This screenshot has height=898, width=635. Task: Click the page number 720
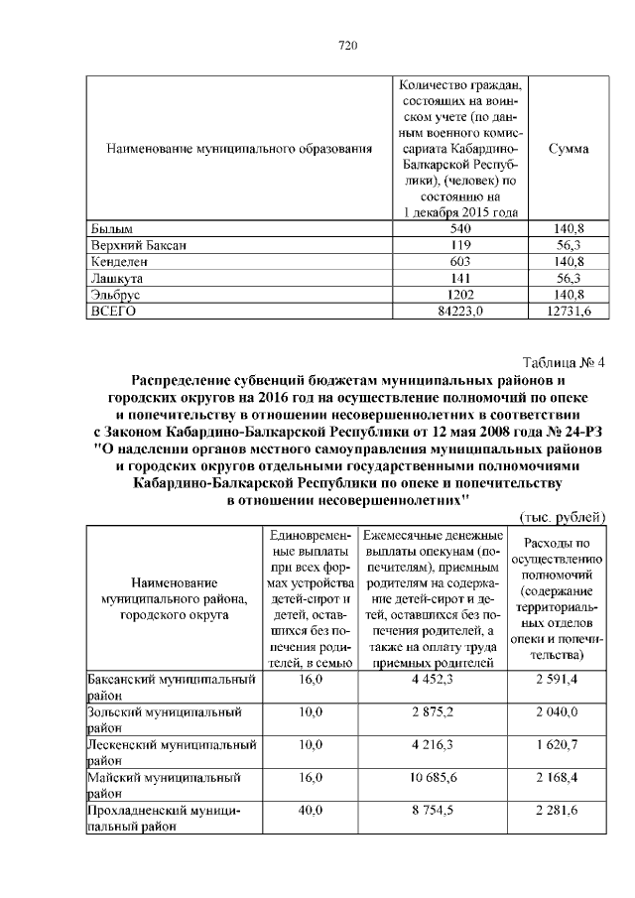[347, 46]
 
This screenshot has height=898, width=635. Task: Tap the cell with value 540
[459, 229]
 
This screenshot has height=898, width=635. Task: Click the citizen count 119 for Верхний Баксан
[459, 245]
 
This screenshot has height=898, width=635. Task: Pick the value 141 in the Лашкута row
[459, 279]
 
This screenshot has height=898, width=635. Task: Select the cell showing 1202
[459, 295]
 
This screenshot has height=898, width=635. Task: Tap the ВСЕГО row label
[103, 312]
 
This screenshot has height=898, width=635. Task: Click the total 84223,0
[459, 312]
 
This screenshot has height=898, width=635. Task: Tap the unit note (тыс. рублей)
[563, 517]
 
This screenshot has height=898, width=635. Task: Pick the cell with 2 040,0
[557, 712]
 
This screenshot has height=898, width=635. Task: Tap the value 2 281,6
[557, 810]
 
